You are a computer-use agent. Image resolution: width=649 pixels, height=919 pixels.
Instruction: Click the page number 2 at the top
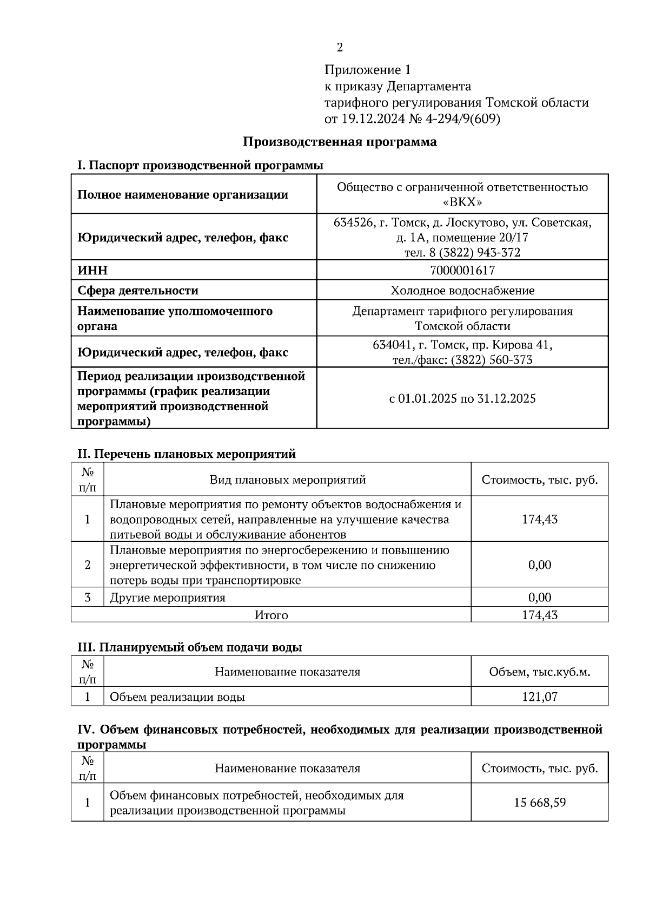[x=340, y=48]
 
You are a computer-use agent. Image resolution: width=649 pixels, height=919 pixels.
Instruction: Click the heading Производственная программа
[x=340, y=142]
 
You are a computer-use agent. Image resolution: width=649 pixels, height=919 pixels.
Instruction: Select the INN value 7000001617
[x=462, y=270]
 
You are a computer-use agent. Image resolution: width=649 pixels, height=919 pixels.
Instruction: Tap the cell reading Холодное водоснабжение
[x=462, y=291]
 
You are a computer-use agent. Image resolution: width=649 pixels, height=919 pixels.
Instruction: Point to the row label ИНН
[x=92, y=270]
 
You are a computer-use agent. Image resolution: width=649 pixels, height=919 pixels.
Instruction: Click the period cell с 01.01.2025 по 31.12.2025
[x=462, y=399]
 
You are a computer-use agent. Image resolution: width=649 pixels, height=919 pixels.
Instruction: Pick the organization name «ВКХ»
[x=462, y=202]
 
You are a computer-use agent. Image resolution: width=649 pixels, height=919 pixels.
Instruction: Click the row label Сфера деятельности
[x=138, y=291]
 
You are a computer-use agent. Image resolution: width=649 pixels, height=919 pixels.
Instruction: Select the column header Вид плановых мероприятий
[x=288, y=480]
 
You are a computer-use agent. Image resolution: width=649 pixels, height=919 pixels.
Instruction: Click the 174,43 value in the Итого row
[x=539, y=615]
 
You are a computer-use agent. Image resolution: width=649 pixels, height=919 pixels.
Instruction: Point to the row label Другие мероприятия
[x=168, y=598]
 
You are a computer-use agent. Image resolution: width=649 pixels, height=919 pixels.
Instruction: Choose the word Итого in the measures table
[x=271, y=615]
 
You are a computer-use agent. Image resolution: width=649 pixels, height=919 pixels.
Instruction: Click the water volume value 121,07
[x=539, y=697]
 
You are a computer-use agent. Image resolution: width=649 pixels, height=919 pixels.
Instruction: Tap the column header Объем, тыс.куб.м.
[x=539, y=672]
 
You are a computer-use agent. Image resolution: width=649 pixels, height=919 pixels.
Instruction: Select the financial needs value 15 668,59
[x=539, y=803]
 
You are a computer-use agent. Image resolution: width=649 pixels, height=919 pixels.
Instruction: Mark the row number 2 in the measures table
[x=88, y=565]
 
